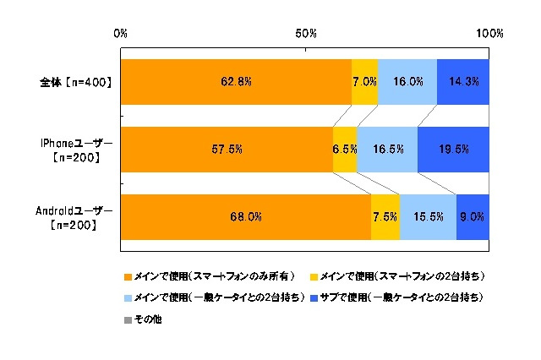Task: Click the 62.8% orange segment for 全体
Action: pyautogui.click(x=236, y=82)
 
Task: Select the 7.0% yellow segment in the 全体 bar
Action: pyautogui.click(x=364, y=82)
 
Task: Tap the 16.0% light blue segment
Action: pyautogui.click(x=407, y=82)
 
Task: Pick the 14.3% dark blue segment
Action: pyautogui.click(x=462, y=82)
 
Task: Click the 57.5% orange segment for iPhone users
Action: pyautogui.click(x=227, y=149)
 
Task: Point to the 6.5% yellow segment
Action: pyautogui.click(x=345, y=149)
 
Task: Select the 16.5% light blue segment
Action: pyautogui.click(x=387, y=149)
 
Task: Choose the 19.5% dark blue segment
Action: pyautogui.click(x=453, y=149)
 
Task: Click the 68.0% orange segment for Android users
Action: pyautogui.click(x=246, y=216)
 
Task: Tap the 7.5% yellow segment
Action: pyautogui.click(x=385, y=216)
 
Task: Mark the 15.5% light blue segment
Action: pyautogui.click(x=428, y=216)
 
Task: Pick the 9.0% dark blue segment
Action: pyautogui.click(x=473, y=216)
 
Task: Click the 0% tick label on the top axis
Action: pyautogui.click(x=120, y=34)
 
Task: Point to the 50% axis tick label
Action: pyautogui.click(x=305, y=34)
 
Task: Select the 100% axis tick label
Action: pyautogui.click(x=489, y=34)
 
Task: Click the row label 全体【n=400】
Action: pyautogui.click(x=76, y=83)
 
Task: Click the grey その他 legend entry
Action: pyautogui.click(x=143, y=319)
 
